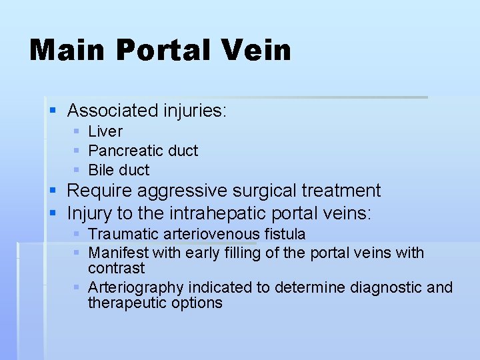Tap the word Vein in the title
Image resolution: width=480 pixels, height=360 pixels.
(257, 50)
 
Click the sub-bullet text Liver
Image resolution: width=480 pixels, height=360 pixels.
(105, 132)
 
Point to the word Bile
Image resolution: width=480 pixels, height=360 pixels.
(102, 170)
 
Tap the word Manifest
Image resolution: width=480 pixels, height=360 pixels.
(118, 253)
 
